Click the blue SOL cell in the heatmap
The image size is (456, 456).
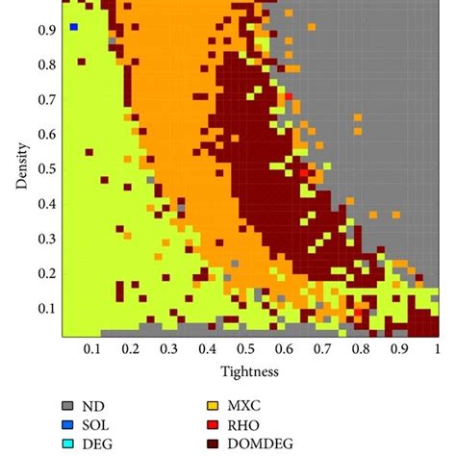(x=73, y=28)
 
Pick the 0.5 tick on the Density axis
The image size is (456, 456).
(x=46, y=168)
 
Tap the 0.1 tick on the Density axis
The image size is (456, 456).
(x=46, y=308)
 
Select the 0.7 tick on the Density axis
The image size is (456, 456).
(x=46, y=99)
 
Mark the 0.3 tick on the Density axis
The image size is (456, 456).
(x=46, y=239)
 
